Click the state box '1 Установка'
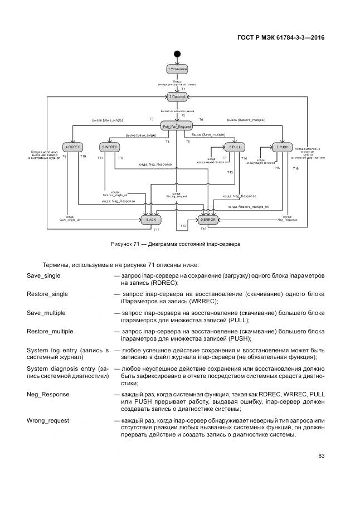point(177,69)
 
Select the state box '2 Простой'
point(177,96)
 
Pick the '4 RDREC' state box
point(73,147)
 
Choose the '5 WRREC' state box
point(109,147)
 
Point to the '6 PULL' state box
point(234,147)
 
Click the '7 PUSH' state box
point(282,147)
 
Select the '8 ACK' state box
point(152,220)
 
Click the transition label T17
point(157,230)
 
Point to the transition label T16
point(295,168)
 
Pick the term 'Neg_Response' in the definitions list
point(48,394)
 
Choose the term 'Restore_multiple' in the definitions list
point(50,331)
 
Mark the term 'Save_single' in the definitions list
point(43,275)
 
